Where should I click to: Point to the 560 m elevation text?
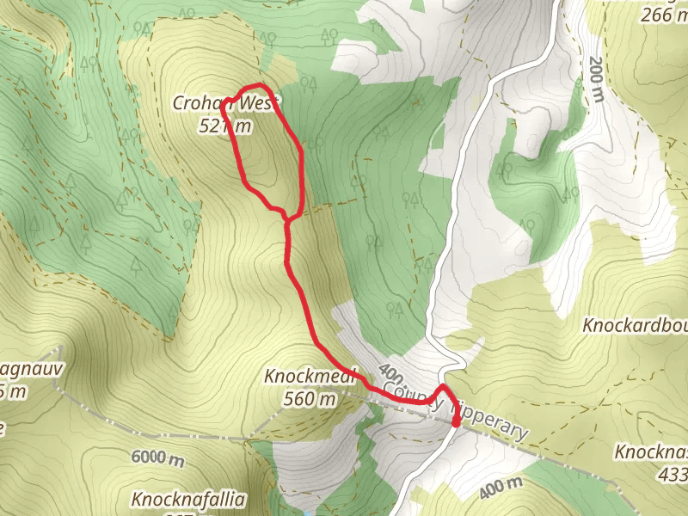310,399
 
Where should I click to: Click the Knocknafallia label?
188,499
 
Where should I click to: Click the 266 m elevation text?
663,14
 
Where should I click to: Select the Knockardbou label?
635,326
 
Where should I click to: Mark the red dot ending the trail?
456,421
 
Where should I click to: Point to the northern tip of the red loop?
260,85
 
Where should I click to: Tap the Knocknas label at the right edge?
651,451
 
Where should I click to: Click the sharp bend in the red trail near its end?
443,389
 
